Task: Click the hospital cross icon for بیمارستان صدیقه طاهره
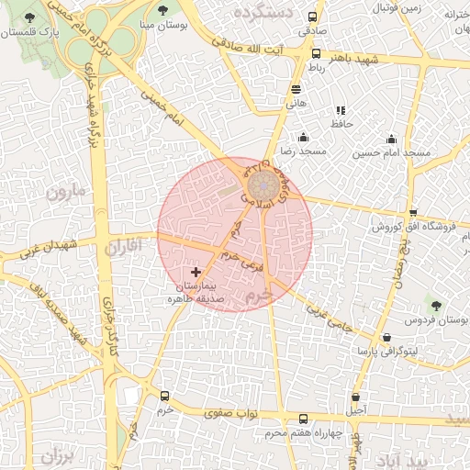[196, 272]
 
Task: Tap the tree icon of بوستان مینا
[162, 11]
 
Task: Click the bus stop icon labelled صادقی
[313, 17]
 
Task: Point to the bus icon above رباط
[314, 54]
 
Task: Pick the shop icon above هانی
[296, 90]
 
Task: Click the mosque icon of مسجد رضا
[303, 138]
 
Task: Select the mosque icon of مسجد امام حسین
[392, 140]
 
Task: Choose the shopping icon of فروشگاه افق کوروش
[413, 212]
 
